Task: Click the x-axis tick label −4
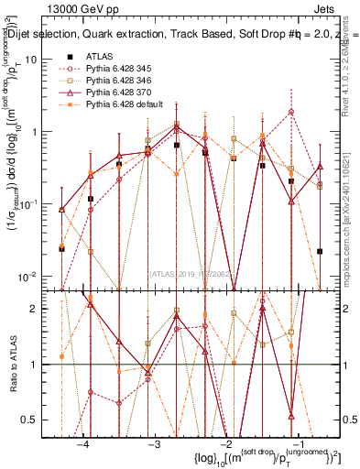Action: (83, 444)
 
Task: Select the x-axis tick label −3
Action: (155, 444)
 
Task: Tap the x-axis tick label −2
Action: (226, 444)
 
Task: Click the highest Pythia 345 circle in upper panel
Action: (291, 112)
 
